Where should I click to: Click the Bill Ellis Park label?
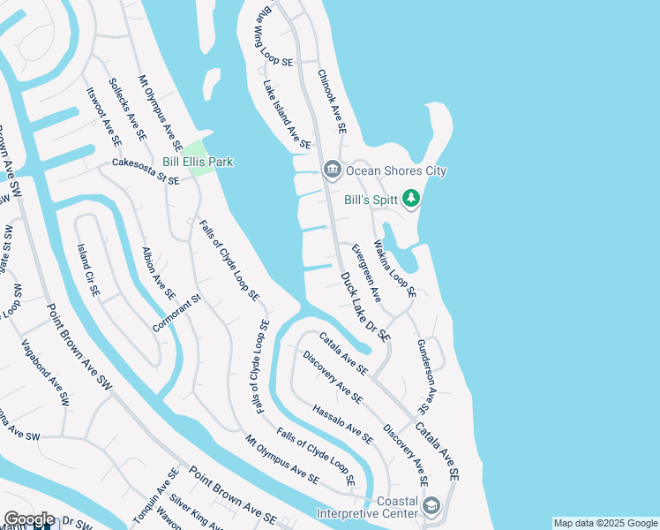click(x=198, y=162)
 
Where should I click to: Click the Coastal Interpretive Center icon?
click(x=431, y=506)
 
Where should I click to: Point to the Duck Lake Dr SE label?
click(x=365, y=307)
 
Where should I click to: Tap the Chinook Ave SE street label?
click(x=332, y=102)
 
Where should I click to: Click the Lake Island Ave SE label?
click(x=287, y=115)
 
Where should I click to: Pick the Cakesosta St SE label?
click(x=146, y=172)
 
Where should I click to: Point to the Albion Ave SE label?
click(x=159, y=273)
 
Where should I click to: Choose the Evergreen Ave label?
click(x=366, y=271)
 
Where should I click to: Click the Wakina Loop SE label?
click(x=394, y=269)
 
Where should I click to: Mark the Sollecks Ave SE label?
click(x=127, y=110)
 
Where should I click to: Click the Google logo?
click(x=29, y=519)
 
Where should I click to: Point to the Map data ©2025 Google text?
click(x=606, y=523)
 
